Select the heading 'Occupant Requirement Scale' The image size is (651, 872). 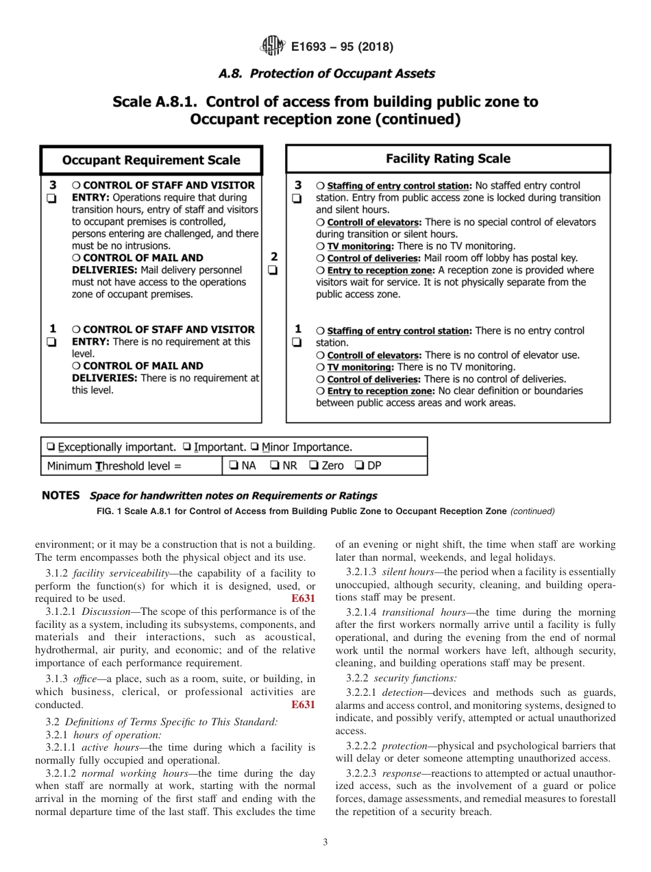[x=151, y=160]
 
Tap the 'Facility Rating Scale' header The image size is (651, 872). [x=447, y=158]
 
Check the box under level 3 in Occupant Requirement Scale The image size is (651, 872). [x=52, y=198]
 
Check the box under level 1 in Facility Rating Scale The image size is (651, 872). [x=297, y=342]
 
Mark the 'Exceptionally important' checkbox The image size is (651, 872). [x=51, y=448]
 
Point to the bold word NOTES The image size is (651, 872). [x=61, y=495]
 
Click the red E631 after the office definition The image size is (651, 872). [x=303, y=705]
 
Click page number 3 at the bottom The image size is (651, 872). [x=325, y=843]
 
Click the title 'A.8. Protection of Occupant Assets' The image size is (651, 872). [x=325, y=73]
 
